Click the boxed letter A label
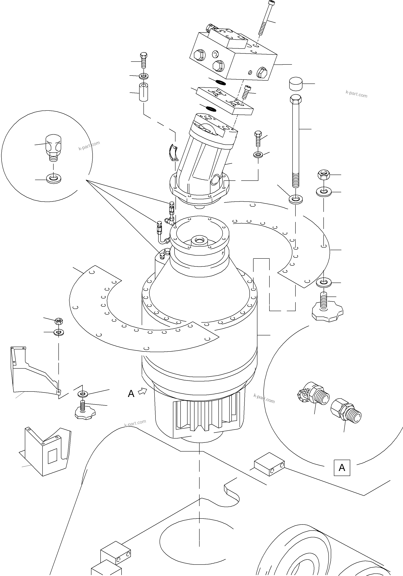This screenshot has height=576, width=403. (x=342, y=468)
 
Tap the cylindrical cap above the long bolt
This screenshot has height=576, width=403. (x=296, y=84)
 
